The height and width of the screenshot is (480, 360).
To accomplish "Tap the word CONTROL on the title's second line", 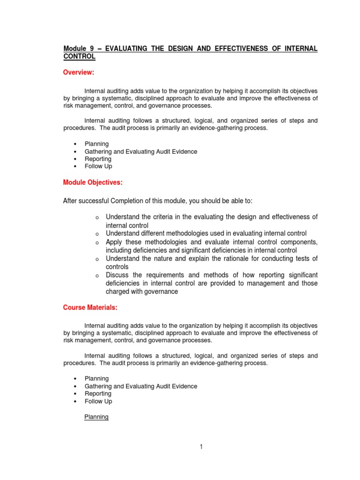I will (79, 56).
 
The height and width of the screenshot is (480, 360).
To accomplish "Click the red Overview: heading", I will (79, 72).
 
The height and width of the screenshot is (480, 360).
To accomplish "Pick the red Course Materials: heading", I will (90, 307).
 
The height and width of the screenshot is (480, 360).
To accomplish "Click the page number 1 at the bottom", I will (201, 447).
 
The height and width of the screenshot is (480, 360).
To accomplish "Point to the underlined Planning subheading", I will (96, 417).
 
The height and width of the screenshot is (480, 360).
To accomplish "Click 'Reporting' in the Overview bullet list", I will (97, 159).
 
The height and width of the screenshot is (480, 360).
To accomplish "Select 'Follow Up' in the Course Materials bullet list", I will (98, 401).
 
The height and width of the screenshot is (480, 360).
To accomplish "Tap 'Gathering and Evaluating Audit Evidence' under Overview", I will (141, 151).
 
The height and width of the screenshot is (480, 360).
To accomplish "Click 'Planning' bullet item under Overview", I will (96, 144).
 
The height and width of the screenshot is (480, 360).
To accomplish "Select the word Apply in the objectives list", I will (114, 242).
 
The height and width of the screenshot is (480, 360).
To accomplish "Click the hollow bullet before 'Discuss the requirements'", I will (97, 276).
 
